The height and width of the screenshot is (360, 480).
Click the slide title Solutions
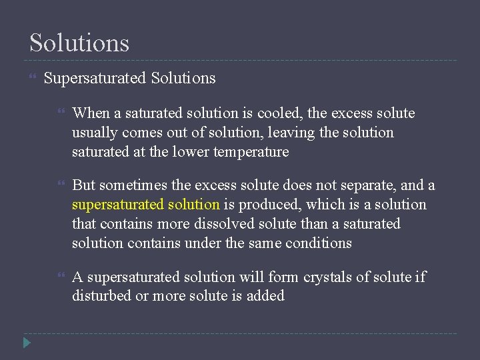pos(79,43)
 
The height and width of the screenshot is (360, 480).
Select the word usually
pos(94,133)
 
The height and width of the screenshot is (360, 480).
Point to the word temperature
pos(251,152)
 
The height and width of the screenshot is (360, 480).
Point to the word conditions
pos(318,243)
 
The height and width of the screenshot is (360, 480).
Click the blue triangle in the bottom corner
pos(26,343)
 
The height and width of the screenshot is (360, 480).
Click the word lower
pos(189,152)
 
